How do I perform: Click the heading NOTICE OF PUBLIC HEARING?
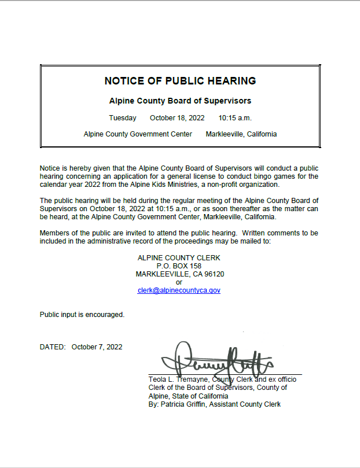[180, 80]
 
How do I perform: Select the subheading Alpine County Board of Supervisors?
[180, 101]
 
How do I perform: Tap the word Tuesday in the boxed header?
[123, 118]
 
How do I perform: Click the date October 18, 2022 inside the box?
[177, 118]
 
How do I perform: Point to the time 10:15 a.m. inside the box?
[235, 118]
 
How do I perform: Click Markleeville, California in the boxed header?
[241, 134]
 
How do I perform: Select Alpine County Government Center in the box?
[138, 134]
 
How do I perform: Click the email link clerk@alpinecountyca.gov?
[179, 290]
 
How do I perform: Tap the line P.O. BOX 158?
[179, 266]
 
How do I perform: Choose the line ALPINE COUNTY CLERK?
[179, 257]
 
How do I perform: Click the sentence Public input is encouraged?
[82, 315]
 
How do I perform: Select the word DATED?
[53, 347]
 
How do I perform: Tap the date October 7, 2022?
[97, 347]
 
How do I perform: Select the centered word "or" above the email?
[179, 282]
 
